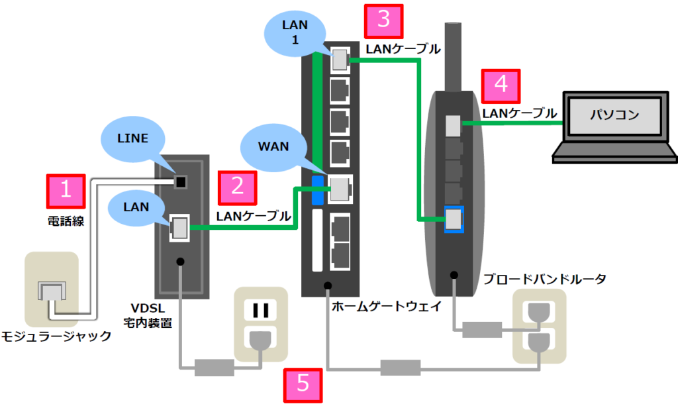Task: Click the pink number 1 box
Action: click(65, 190)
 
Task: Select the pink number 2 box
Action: click(236, 187)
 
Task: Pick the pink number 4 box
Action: click(501, 84)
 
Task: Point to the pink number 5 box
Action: click(302, 384)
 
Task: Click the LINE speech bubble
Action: click(133, 141)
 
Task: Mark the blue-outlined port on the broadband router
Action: click(454, 219)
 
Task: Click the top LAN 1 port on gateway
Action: click(339, 60)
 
